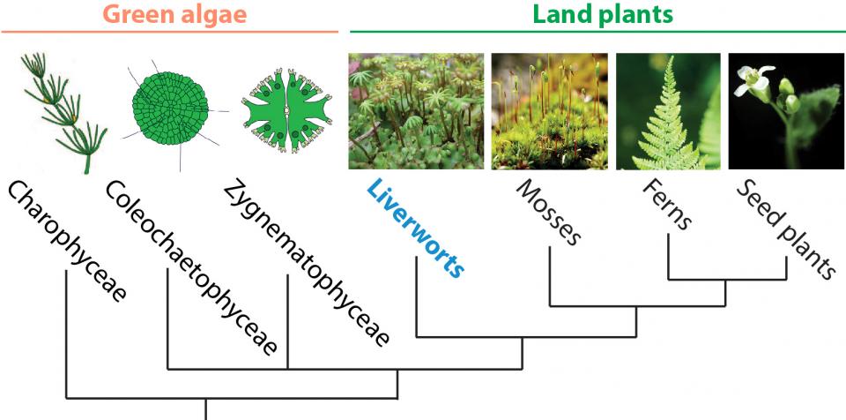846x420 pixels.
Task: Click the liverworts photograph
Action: (x=416, y=110)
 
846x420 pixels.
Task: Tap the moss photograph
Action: (x=548, y=110)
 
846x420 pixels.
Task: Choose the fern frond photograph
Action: (x=667, y=110)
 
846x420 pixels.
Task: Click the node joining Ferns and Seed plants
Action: (x=726, y=280)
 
